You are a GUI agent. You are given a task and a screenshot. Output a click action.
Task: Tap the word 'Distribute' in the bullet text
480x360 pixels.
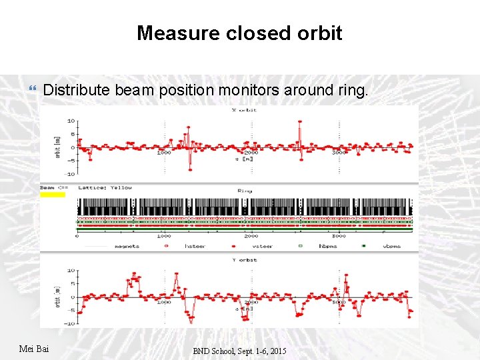click(77, 90)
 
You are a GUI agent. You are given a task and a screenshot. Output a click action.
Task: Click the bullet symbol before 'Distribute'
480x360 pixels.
click(33, 89)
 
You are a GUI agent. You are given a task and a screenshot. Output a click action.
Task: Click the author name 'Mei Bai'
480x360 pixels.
click(33, 349)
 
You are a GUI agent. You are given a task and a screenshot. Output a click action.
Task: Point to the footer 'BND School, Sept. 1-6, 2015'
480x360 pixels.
click(240, 351)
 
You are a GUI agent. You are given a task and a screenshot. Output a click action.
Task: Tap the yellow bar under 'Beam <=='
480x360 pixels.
click(53, 194)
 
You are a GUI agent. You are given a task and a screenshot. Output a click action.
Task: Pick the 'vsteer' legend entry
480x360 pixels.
click(267, 246)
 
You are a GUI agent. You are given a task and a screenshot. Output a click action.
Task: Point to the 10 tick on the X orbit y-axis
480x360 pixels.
click(71, 121)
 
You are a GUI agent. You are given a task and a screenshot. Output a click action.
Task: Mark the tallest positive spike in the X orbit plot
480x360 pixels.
click(300, 123)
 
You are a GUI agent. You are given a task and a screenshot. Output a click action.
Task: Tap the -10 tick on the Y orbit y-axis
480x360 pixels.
click(69, 323)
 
